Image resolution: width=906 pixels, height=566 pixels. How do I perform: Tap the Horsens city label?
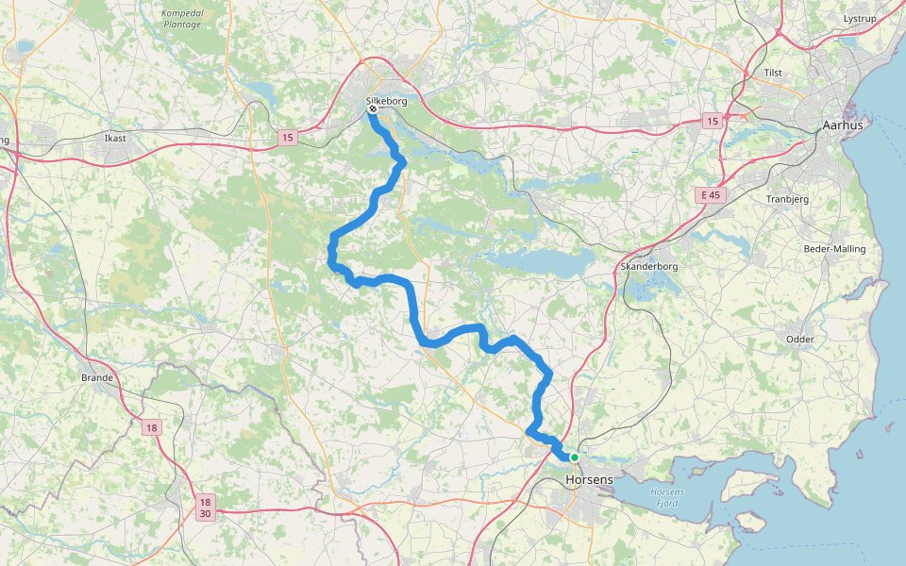click(x=589, y=480)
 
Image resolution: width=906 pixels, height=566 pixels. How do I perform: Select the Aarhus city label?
click(x=843, y=125)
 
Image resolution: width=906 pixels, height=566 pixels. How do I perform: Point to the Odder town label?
click(x=799, y=340)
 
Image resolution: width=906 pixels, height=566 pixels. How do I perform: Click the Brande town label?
click(x=97, y=377)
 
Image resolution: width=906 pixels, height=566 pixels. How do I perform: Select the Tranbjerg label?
click(x=789, y=199)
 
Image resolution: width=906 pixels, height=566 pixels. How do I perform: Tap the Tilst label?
click(x=775, y=73)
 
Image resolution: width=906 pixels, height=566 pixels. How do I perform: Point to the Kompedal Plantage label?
click(x=181, y=18)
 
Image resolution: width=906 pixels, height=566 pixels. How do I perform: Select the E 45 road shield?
click(x=710, y=195)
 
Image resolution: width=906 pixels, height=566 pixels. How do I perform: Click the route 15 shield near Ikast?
click(x=287, y=139)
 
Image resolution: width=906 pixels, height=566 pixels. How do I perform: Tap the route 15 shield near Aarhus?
click(x=712, y=121)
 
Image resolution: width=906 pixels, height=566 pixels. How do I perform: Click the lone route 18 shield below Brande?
click(x=151, y=428)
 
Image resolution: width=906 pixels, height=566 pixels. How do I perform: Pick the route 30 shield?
click(x=206, y=514)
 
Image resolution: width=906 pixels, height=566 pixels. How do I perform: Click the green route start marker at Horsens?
click(x=574, y=458)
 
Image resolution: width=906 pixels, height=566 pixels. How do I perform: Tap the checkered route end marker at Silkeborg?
click(x=373, y=109)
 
